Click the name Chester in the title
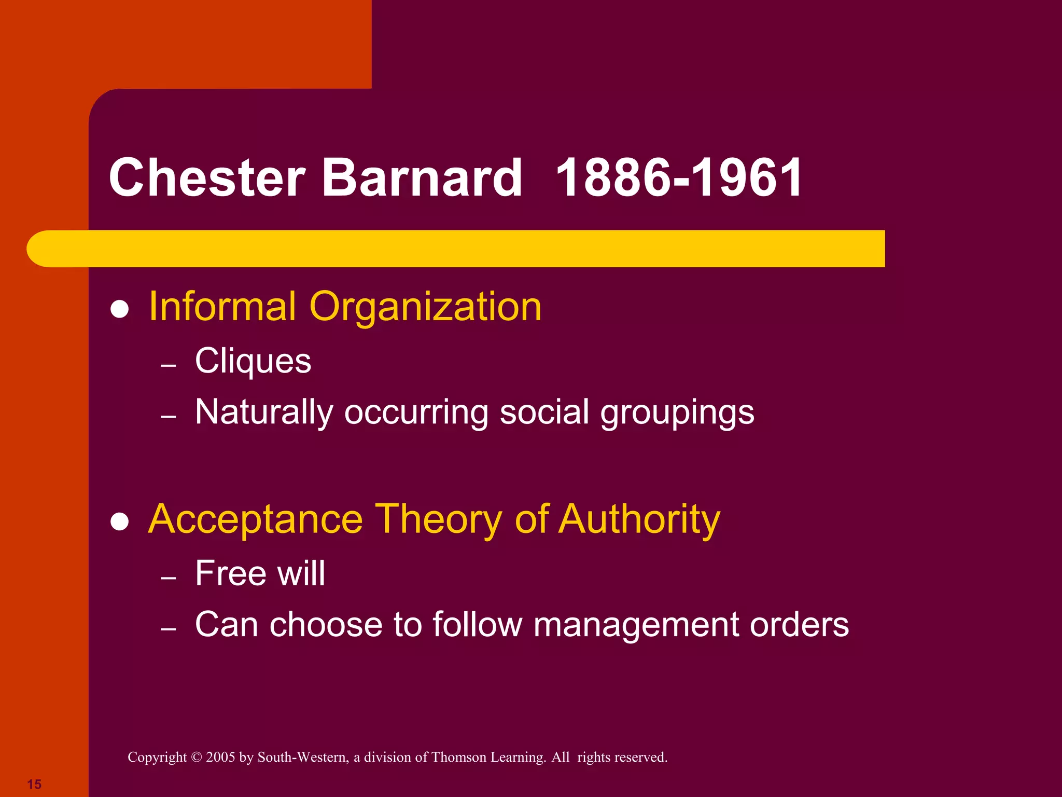[x=207, y=178]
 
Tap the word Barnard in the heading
[x=422, y=178]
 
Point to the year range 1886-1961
[x=679, y=178]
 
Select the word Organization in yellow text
[x=425, y=307]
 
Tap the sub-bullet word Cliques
[x=253, y=361]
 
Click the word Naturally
[x=263, y=413]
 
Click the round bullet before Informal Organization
[x=120, y=309]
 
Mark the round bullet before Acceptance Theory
[x=120, y=522]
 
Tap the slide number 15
[x=34, y=784]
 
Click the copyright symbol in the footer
[x=196, y=758]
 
